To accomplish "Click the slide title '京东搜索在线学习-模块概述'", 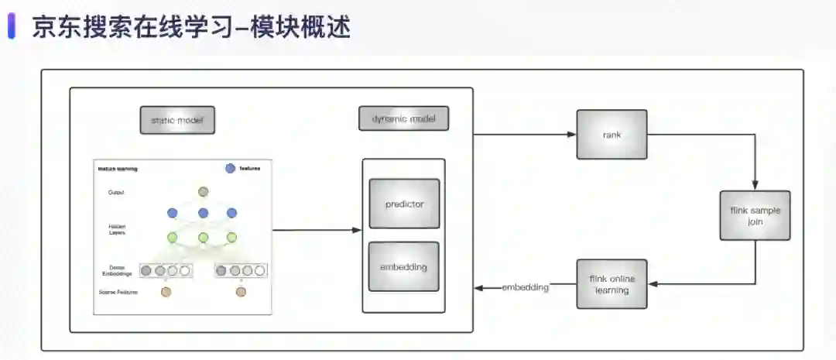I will (x=191, y=27).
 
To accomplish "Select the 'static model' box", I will (x=176, y=120).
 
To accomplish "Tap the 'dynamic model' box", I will (x=404, y=118).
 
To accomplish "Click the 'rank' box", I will (x=612, y=135).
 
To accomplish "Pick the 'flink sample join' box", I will (x=755, y=214).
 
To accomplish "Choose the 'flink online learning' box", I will (x=612, y=284).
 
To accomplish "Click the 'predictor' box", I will (x=404, y=204).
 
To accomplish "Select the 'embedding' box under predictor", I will (x=404, y=266).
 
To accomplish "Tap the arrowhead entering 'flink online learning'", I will (x=651, y=284).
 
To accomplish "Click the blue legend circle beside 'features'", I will (x=230, y=169).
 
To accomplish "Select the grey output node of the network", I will (x=204, y=191).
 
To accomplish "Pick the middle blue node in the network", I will (x=204, y=213).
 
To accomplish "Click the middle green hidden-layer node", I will (x=204, y=238).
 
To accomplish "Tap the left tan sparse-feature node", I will (x=166, y=292).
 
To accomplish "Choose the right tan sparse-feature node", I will (x=241, y=292).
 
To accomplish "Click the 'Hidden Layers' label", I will (x=116, y=229).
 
